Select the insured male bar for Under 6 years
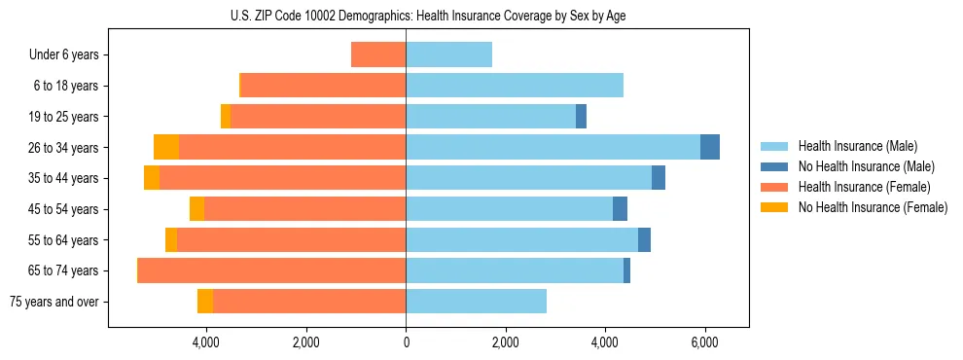(448, 55)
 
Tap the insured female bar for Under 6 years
(378, 55)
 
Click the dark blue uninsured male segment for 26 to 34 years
(710, 147)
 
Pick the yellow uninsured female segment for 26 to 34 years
(166, 147)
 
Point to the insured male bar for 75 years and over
(476, 301)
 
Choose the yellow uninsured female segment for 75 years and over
(205, 301)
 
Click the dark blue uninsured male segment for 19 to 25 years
(581, 117)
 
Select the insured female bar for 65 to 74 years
(271, 270)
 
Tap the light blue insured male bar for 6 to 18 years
(515, 86)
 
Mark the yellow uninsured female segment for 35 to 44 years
(152, 178)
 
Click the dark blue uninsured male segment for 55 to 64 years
(644, 239)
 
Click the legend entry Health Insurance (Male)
(858, 146)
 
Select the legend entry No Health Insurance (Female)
(872, 207)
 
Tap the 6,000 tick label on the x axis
(704, 342)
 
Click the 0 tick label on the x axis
(406, 342)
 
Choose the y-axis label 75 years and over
(53, 302)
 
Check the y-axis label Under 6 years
(63, 55)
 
